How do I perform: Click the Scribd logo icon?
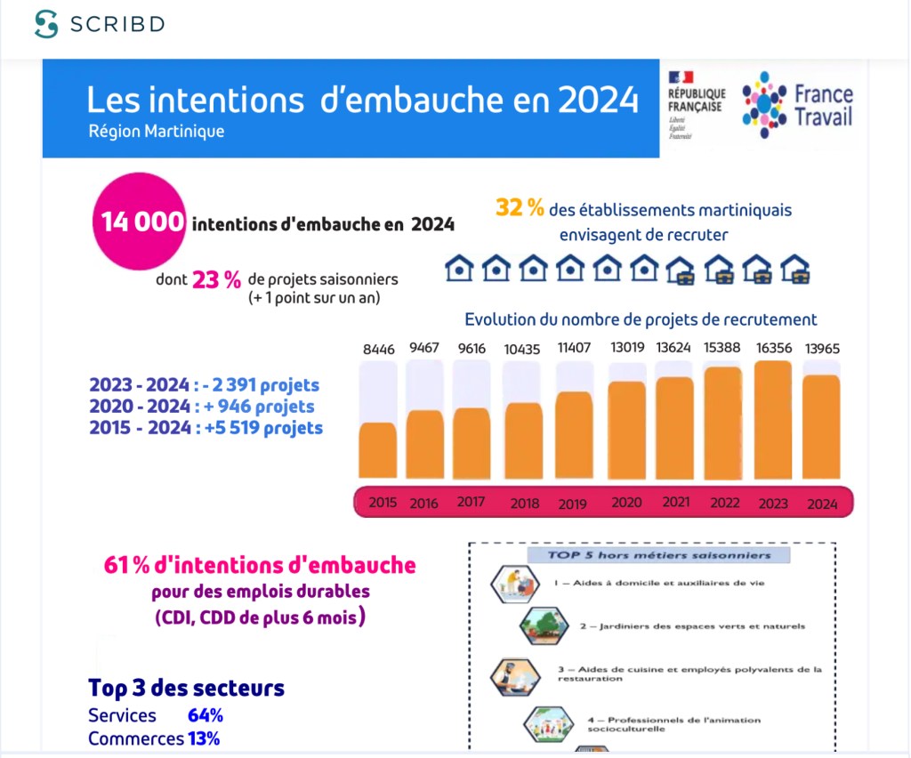[46, 25]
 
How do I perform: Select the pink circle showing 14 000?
[141, 222]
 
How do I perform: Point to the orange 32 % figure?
[520, 208]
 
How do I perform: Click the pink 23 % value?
[217, 279]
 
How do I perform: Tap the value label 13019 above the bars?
[626, 347]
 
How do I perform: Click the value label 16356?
[772, 348]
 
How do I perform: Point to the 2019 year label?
[572, 504]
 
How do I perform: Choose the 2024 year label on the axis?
[821, 504]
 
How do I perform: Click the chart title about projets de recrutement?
[641, 319]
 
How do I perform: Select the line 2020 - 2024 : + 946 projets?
[202, 407]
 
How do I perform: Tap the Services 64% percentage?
[206, 715]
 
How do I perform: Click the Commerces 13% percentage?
[204, 738]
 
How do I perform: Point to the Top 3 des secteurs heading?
[186, 688]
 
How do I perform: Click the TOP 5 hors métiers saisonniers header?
[659, 556]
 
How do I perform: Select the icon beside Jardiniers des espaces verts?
[544, 625]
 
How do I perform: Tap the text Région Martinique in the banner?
[157, 131]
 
